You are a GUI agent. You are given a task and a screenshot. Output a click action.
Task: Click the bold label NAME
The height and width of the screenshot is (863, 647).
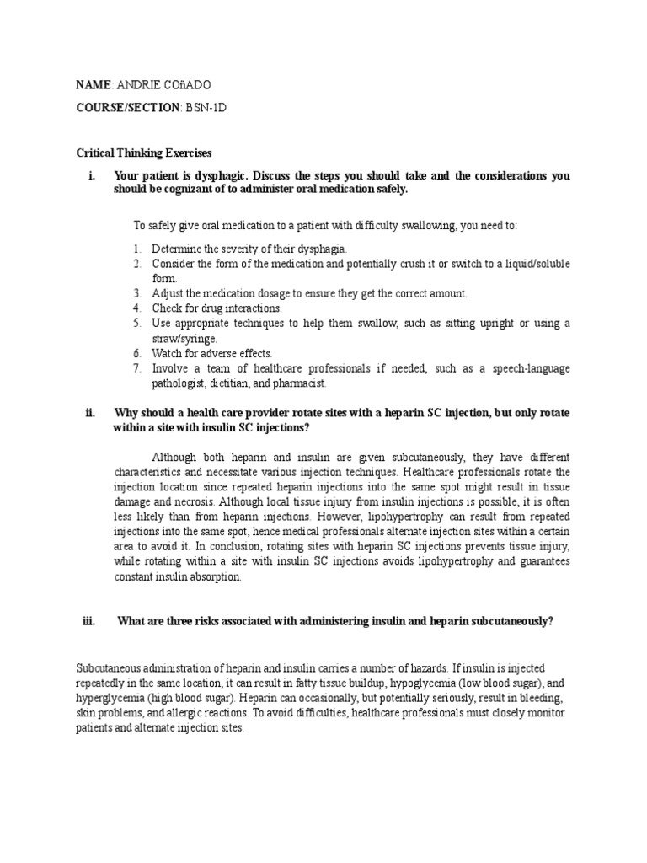pos(93,85)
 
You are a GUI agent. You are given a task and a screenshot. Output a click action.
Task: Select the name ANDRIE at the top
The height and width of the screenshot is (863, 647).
pos(141,85)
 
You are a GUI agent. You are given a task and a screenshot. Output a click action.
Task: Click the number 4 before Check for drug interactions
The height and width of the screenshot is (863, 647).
pos(136,308)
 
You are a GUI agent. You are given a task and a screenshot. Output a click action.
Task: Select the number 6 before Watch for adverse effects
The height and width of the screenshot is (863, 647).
pos(136,353)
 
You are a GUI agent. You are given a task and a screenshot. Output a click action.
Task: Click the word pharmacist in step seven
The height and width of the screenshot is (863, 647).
pos(300,383)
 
